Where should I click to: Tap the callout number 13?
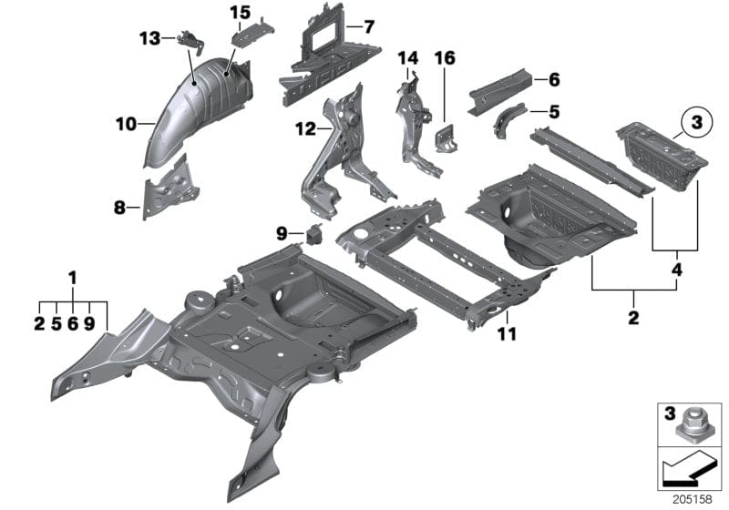149,37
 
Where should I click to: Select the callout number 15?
239,12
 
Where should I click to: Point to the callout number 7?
368,27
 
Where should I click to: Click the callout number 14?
406,59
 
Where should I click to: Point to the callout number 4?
675,270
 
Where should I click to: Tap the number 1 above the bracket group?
73,276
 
